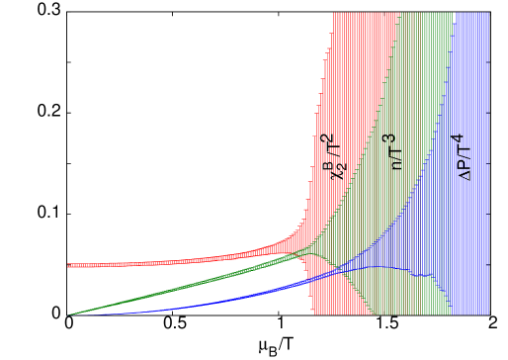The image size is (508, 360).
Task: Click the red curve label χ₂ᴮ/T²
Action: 334,157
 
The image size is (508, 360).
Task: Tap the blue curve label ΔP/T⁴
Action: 463,157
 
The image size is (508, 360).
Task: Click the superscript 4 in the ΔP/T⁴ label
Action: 459,138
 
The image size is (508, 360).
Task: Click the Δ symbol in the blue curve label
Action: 466,175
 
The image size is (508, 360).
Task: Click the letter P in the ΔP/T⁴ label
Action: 466,165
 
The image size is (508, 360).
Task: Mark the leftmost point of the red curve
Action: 68,265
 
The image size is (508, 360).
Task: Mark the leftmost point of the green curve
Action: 69,315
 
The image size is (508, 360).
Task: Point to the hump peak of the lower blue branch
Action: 381,267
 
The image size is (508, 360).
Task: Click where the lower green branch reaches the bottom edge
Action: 375,314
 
